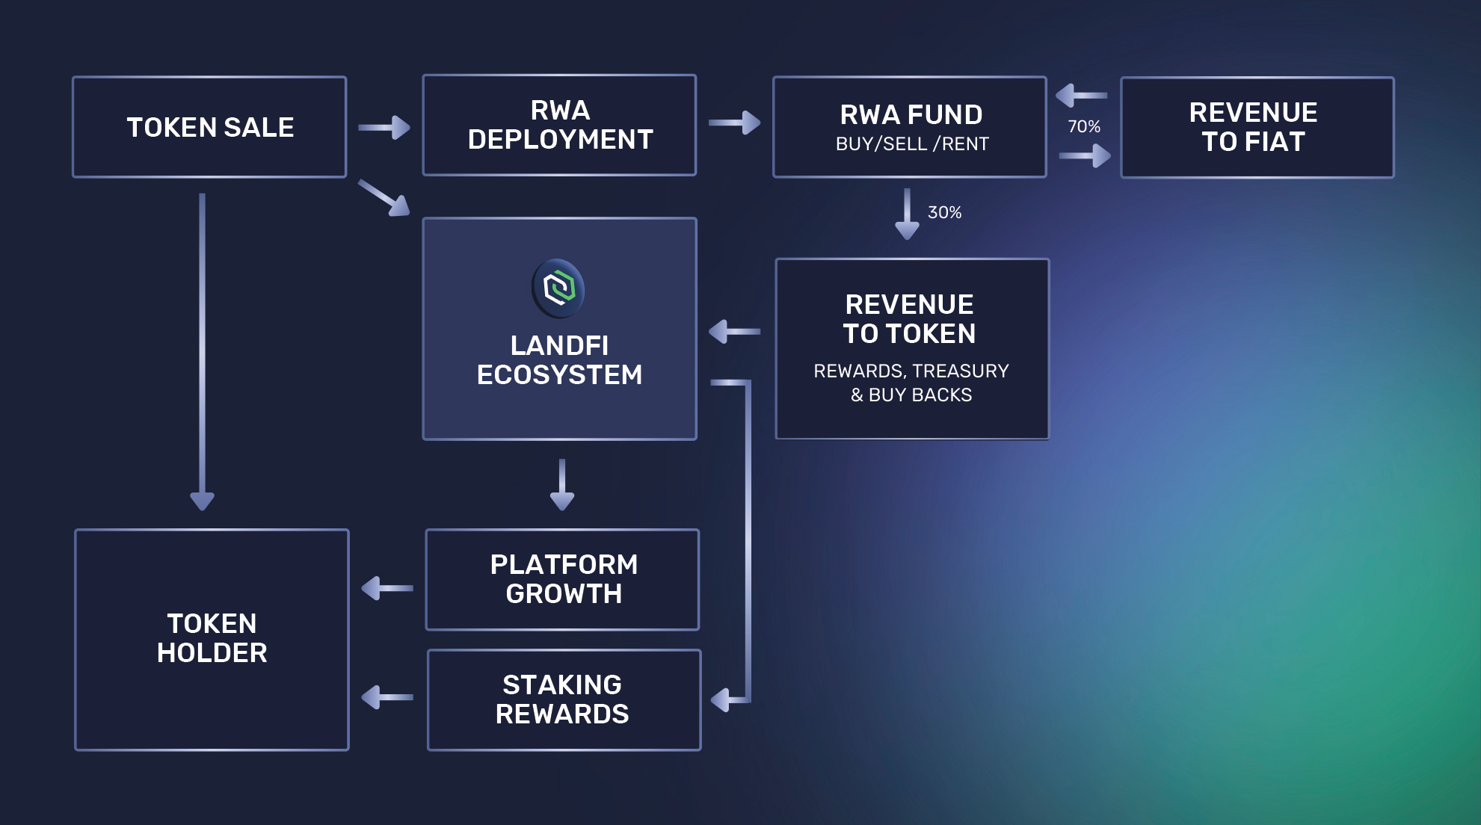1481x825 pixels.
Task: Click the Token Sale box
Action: coord(209,127)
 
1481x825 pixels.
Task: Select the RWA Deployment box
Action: coord(559,125)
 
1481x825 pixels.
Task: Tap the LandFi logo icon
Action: coord(558,288)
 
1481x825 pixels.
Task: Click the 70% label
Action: coord(1083,126)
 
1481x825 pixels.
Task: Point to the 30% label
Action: coord(944,212)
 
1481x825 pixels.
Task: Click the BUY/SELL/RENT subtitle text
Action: coord(912,143)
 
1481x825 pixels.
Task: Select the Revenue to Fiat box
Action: coord(1257,127)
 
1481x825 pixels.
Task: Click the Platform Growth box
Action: coord(562,579)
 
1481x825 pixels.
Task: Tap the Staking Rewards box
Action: coord(564,699)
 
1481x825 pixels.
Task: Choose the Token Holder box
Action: coord(212,639)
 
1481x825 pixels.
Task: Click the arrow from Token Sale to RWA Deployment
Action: coord(384,127)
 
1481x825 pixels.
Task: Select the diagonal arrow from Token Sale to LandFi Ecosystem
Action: coord(384,197)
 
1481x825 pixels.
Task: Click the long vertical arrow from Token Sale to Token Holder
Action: coord(202,351)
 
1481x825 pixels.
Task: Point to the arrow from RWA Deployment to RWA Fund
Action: coord(734,123)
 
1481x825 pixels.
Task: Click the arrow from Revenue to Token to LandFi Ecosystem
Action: coord(734,331)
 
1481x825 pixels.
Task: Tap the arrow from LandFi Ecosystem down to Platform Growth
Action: coord(562,484)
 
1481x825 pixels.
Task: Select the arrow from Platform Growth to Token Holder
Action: coord(387,588)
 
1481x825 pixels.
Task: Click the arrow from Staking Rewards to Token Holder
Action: coord(387,697)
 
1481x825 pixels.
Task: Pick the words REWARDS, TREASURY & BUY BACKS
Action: coord(911,383)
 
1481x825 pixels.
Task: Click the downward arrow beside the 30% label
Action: coord(907,214)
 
